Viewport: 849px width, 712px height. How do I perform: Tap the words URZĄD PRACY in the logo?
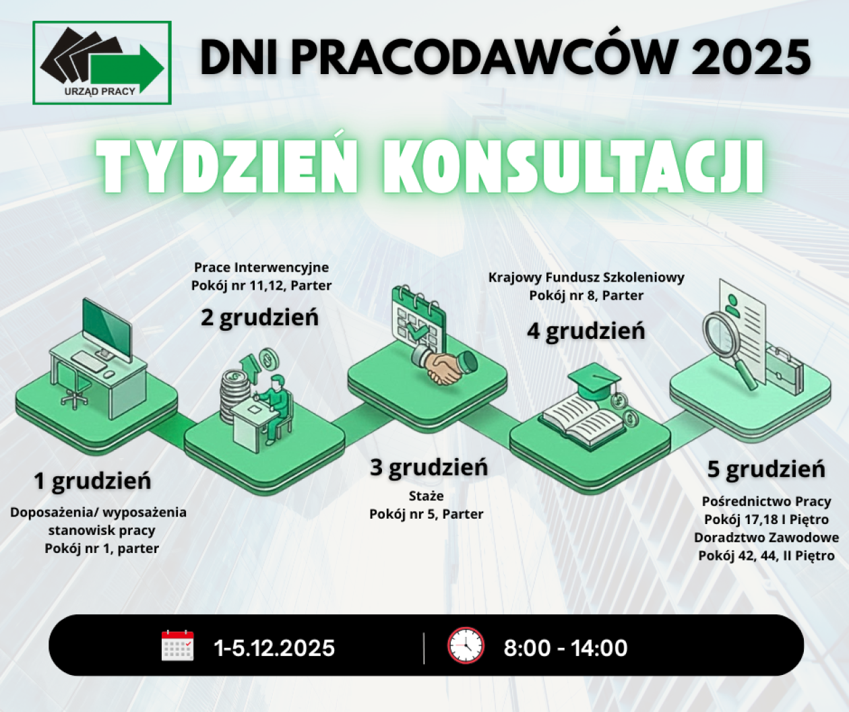[100, 92]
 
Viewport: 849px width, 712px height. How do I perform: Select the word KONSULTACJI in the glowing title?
[573, 167]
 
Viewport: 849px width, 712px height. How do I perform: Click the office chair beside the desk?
[73, 387]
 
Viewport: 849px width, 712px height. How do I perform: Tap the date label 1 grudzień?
[93, 481]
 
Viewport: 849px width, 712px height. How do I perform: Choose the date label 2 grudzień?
[259, 317]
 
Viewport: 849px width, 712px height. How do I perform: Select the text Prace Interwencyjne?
[261, 267]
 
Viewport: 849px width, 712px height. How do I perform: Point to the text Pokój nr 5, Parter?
[426, 514]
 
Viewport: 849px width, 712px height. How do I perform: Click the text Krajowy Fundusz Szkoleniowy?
[586, 278]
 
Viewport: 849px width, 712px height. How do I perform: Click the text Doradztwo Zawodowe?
[766, 538]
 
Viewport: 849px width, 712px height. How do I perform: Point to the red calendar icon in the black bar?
[178, 646]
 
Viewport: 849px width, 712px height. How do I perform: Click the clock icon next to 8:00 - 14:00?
[466, 645]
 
